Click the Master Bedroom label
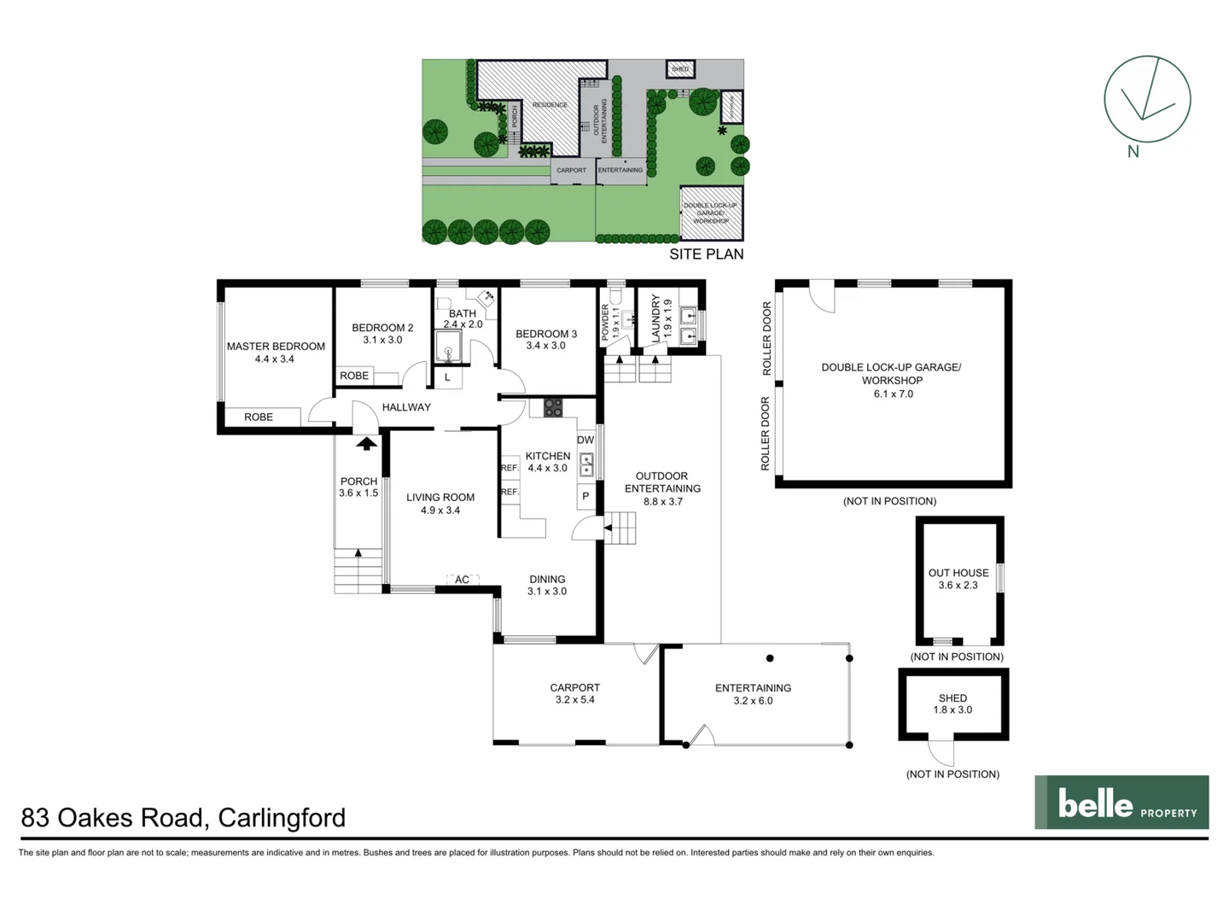[x=276, y=346]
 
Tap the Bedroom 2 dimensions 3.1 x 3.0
[x=382, y=340]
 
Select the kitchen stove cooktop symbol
[x=553, y=408]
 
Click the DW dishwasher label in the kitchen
[x=585, y=440]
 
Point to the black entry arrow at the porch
[x=366, y=443]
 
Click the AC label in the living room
[x=462, y=580]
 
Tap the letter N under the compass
[x=1133, y=152]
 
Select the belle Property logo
[x=1121, y=802]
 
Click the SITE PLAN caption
[x=706, y=254]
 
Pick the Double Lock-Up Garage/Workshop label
[x=891, y=374]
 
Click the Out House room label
[x=958, y=573]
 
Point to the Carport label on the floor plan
[x=574, y=687]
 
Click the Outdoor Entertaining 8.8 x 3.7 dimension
[x=662, y=502]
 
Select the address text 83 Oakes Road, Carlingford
[x=183, y=818]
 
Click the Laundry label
[x=655, y=318]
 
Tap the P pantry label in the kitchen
[x=585, y=496]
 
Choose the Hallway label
[x=406, y=407]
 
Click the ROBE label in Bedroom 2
[x=354, y=376]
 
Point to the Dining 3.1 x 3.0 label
[x=547, y=585]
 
